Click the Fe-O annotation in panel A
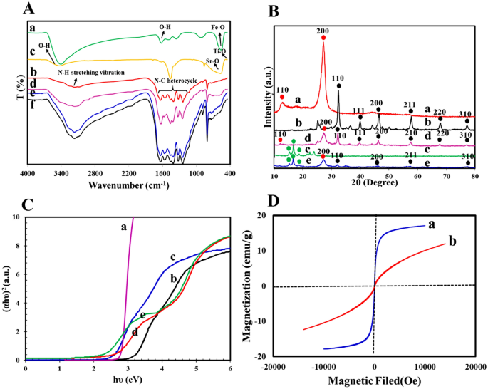pos(218,28)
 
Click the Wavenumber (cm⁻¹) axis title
pos(128,185)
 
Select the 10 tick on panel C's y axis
pos(17,217)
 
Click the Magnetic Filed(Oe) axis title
pos(375,382)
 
